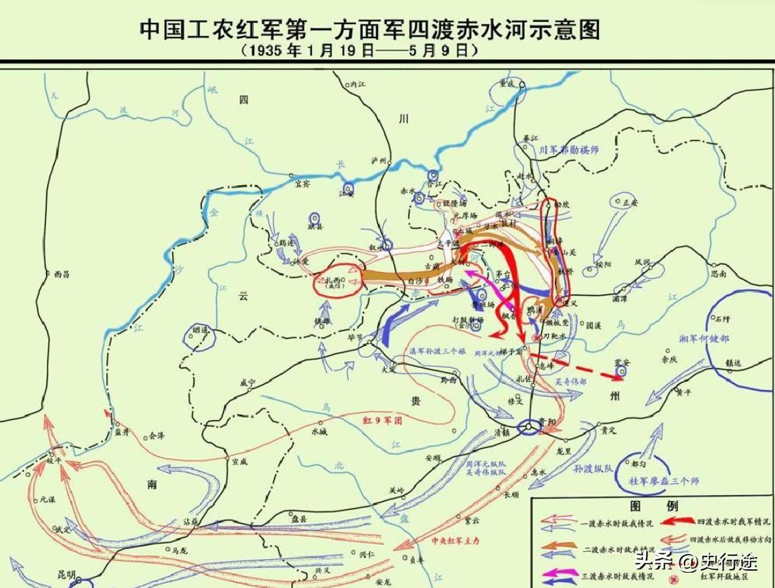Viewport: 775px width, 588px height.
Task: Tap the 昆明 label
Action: click(x=68, y=575)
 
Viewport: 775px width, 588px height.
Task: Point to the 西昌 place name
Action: click(x=61, y=274)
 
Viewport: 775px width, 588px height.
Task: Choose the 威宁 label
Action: click(x=248, y=383)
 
